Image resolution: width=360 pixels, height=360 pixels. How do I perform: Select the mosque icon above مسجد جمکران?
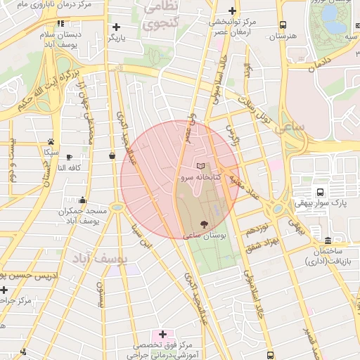[x=83, y=200]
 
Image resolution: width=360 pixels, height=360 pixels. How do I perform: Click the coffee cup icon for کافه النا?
[x=69, y=157]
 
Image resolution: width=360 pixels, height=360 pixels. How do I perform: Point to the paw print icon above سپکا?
[x=51, y=141]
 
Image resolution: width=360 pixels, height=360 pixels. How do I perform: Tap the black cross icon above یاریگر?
[x=116, y=27]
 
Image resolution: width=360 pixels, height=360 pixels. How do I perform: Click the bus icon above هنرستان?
[x=282, y=24]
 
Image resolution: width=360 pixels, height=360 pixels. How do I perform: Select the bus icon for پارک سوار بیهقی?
[x=321, y=192]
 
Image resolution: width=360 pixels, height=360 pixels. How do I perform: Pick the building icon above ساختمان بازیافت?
[x=328, y=240]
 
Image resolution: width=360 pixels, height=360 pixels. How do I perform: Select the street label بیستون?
[x=101, y=296]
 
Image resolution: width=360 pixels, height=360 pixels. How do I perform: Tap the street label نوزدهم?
[x=257, y=229]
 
